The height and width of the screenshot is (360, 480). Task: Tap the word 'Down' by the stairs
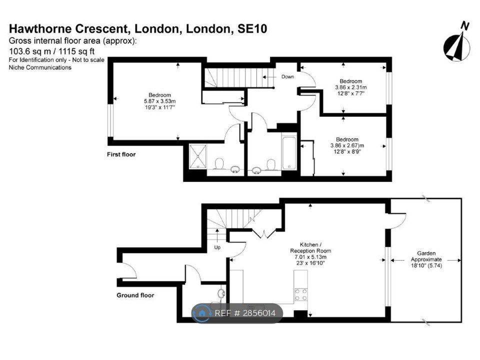click(x=287, y=76)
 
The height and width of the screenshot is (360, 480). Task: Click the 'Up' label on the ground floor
click(x=217, y=247)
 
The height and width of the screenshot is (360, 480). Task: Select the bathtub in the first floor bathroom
click(x=288, y=153)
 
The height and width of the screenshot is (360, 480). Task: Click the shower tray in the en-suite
click(x=198, y=156)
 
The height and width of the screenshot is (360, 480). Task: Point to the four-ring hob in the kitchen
click(x=300, y=294)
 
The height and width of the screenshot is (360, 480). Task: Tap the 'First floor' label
click(x=121, y=154)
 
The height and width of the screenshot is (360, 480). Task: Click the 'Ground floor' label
click(x=135, y=295)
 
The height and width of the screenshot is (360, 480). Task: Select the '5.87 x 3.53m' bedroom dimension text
click(x=160, y=101)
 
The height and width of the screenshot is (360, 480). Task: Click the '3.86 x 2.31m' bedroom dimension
click(x=351, y=87)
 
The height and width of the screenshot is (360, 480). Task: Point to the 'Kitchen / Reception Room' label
click(x=310, y=247)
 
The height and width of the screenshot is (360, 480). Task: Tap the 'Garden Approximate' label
click(x=426, y=256)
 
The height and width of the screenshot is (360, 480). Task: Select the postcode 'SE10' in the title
click(x=252, y=28)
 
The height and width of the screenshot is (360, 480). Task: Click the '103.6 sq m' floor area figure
click(x=30, y=51)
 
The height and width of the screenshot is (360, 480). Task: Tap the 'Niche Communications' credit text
click(x=40, y=67)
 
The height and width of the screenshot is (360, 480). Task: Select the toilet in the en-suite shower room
click(x=219, y=164)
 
